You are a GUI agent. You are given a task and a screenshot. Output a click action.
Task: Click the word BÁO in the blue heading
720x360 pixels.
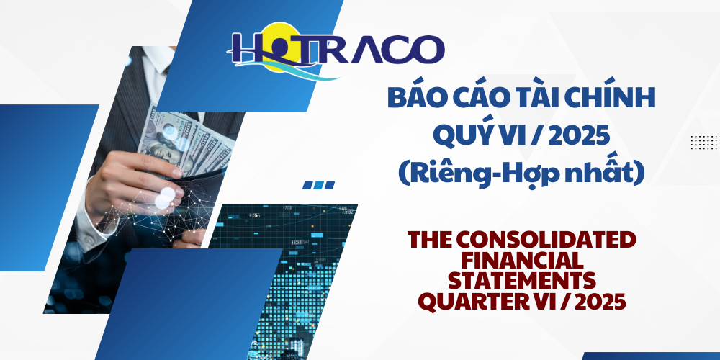tap(415, 99)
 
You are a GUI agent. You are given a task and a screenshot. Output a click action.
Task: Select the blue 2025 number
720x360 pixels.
tap(588, 135)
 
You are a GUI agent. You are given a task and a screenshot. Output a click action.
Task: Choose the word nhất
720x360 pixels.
tap(602, 173)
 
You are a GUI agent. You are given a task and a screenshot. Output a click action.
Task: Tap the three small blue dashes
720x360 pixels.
tap(318, 185)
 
